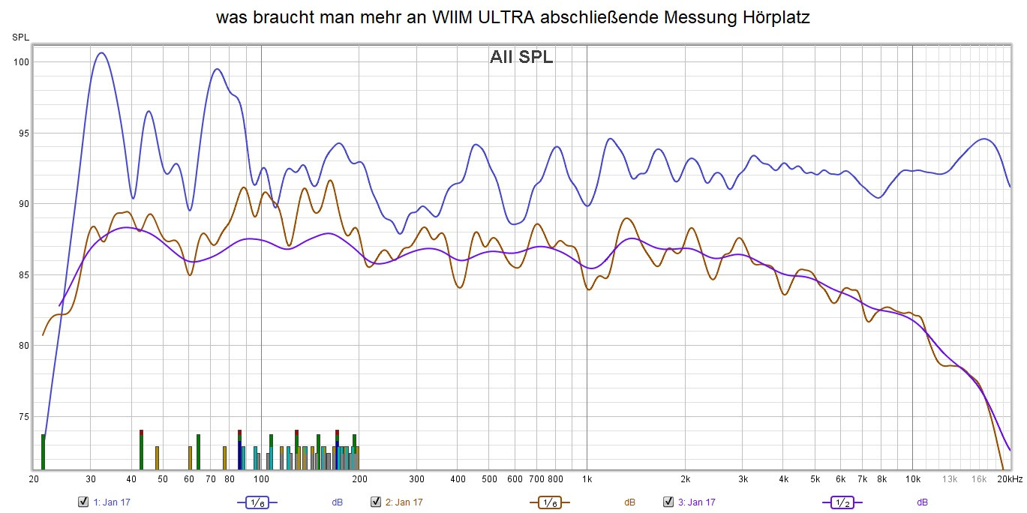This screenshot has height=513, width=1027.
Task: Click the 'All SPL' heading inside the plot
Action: (x=521, y=57)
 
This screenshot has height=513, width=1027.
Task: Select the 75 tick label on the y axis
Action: (x=22, y=416)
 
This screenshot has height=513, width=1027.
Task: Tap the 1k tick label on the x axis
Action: (x=587, y=479)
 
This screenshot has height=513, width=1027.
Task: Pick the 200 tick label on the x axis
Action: (x=359, y=479)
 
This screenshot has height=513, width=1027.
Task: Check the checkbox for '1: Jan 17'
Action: (x=83, y=502)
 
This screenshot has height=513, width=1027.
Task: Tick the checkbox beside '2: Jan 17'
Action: (x=376, y=502)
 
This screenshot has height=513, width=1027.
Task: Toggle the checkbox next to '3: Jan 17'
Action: (x=668, y=502)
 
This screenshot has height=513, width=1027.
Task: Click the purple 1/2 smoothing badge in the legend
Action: (x=842, y=502)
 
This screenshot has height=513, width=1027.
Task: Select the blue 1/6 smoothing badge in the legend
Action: (x=257, y=502)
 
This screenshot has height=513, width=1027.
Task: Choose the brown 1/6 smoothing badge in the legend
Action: (x=550, y=502)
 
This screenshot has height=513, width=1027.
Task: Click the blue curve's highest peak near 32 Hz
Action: (x=101, y=52)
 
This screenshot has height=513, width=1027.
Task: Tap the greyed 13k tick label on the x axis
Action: (x=950, y=479)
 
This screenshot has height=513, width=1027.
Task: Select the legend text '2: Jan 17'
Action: (x=404, y=502)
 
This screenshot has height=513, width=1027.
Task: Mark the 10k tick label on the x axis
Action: (x=913, y=479)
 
